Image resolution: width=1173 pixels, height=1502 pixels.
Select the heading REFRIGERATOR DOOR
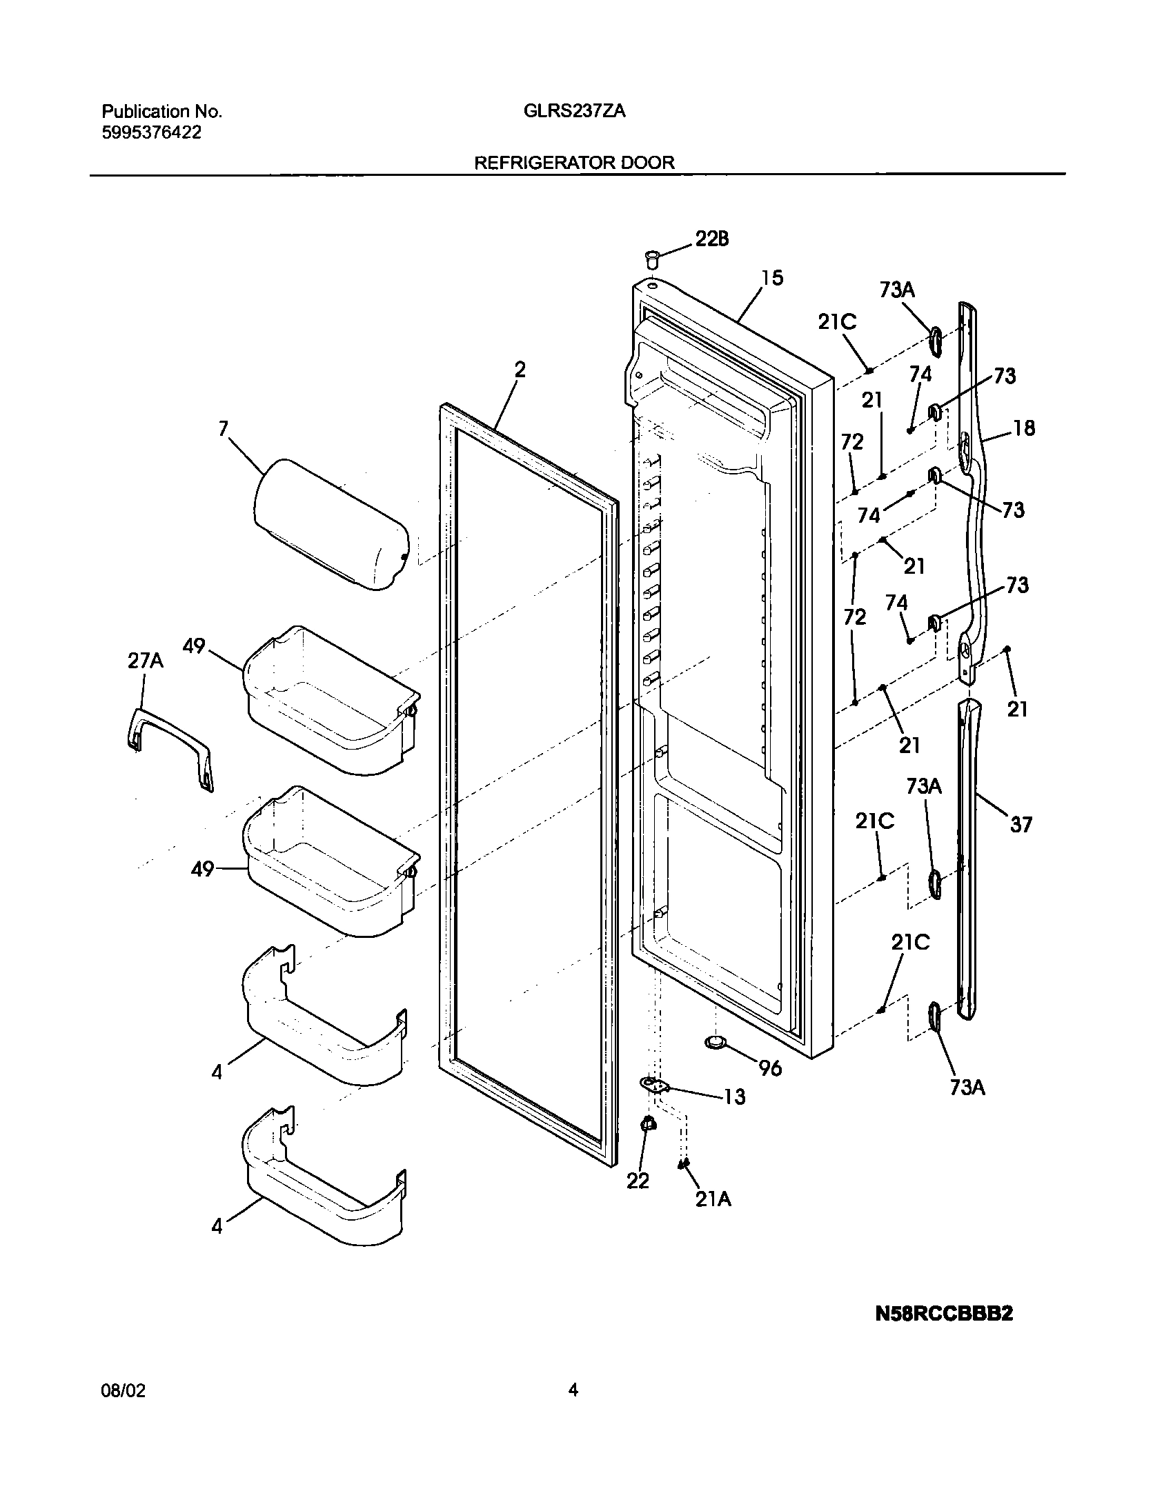tap(574, 163)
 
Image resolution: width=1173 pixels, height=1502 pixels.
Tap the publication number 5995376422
tap(152, 133)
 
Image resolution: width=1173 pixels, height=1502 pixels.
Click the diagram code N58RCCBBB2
tap(943, 1314)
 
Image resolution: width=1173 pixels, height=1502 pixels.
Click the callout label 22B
tap(711, 239)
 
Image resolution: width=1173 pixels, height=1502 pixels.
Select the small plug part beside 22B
tap(651, 261)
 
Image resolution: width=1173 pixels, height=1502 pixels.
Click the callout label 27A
tap(145, 661)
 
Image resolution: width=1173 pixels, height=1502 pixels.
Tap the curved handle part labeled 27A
tap(170, 748)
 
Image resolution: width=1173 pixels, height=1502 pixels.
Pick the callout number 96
tap(770, 1068)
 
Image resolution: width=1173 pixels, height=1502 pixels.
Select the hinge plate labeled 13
tap(655, 1086)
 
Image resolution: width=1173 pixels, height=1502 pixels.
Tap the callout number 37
tap(1021, 824)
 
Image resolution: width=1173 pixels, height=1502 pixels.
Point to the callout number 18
tap(1024, 428)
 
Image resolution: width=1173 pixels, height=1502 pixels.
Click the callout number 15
tap(772, 278)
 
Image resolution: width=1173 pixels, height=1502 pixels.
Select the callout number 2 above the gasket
tap(520, 370)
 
